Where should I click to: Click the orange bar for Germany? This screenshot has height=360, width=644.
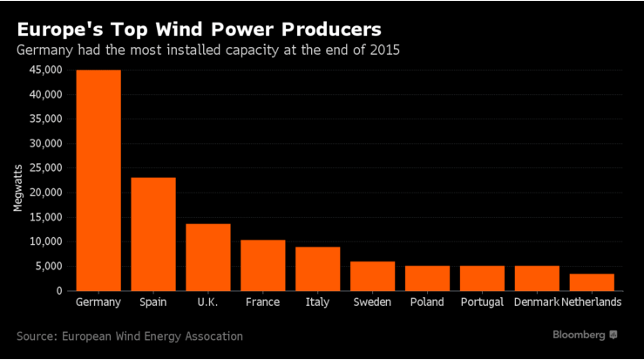tap(98, 180)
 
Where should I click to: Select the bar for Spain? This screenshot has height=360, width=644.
tap(153, 234)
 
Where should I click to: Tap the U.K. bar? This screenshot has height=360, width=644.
tap(208, 257)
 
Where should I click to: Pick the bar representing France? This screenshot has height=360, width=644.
tap(262, 265)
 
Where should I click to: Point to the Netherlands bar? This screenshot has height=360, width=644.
tap(592, 282)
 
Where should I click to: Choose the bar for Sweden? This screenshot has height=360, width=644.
tap(372, 275)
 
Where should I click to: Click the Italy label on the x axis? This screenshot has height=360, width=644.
tap(317, 302)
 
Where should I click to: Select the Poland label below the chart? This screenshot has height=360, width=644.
tap(427, 302)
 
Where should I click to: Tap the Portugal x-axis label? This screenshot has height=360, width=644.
tap(482, 302)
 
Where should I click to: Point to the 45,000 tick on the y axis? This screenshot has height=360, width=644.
tap(45, 70)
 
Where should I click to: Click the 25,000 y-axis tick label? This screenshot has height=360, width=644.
tap(45, 168)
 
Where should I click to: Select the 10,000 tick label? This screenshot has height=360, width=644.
tap(45, 241)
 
